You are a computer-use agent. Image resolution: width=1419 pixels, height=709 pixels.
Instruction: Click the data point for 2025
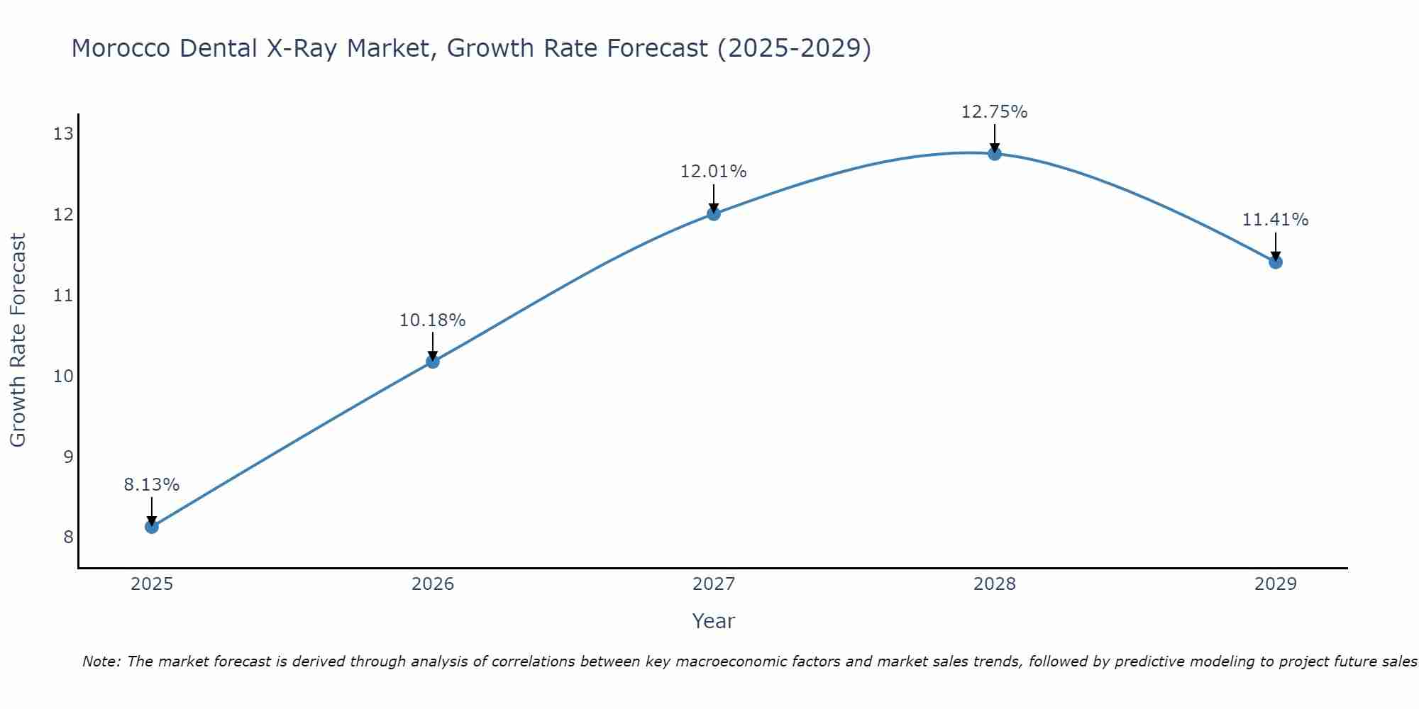[152, 527]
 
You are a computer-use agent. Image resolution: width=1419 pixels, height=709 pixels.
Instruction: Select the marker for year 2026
[433, 362]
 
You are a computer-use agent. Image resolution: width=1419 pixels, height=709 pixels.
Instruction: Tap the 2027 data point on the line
[714, 213]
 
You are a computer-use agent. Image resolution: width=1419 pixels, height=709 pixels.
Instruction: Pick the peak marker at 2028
[995, 153]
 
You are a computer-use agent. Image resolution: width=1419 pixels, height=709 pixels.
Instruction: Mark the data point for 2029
[1276, 262]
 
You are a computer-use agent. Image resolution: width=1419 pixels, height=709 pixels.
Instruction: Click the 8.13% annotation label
[152, 485]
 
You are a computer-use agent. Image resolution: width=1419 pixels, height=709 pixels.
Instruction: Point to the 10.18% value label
[433, 320]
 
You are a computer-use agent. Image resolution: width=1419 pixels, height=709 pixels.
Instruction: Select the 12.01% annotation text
[714, 172]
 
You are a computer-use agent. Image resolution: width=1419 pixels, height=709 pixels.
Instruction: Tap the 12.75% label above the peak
[995, 112]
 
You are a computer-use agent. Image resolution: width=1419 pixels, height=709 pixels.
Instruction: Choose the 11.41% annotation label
[1276, 220]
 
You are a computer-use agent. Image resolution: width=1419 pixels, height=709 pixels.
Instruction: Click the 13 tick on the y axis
[64, 133]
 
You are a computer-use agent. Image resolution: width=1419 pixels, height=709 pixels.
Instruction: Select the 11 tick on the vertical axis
[64, 295]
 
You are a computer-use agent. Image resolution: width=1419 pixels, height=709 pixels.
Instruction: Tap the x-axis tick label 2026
[433, 584]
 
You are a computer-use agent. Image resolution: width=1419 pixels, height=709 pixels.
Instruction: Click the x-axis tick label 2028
[995, 584]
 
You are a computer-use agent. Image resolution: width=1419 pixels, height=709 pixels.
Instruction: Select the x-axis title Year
[714, 621]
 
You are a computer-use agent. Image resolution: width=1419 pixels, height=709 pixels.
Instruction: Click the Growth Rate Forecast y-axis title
[18, 340]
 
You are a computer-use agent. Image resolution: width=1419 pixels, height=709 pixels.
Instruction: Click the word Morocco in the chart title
[121, 48]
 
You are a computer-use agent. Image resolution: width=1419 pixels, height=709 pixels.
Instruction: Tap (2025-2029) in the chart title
[794, 48]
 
